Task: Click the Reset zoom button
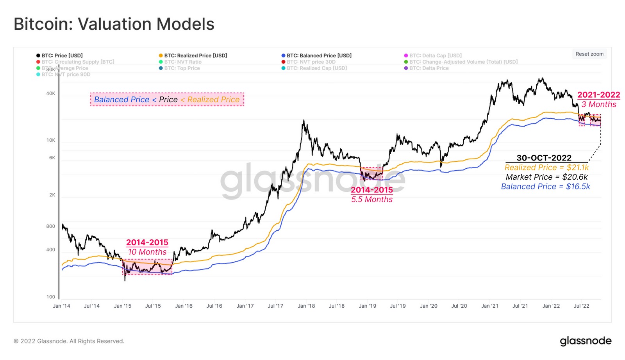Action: click(x=589, y=54)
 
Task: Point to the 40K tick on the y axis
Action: click(x=51, y=93)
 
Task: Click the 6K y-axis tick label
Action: click(x=52, y=158)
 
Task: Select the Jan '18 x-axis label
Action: click(x=306, y=306)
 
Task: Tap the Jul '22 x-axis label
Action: click(x=581, y=306)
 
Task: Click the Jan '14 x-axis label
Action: click(x=61, y=306)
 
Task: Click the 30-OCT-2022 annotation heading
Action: click(x=544, y=158)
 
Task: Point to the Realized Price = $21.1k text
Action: click(x=546, y=168)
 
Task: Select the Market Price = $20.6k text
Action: click(x=546, y=177)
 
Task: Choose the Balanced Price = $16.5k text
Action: click(x=545, y=187)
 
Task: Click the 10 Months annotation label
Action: click(x=147, y=252)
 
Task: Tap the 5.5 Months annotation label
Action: click(x=371, y=199)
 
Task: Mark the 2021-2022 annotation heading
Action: click(x=598, y=94)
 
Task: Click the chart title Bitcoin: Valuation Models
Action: click(x=114, y=24)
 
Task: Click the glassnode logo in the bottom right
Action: click(x=586, y=341)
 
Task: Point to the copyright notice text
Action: click(x=69, y=341)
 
